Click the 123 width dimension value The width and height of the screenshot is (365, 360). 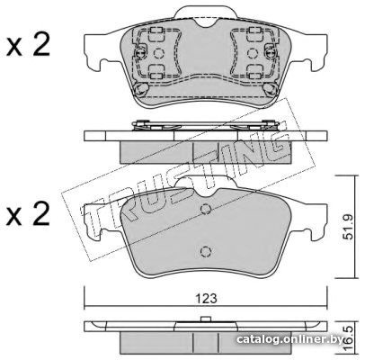tap(206, 299)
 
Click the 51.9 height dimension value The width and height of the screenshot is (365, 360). tap(348, 227)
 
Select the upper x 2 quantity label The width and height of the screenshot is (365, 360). tap(28, 46)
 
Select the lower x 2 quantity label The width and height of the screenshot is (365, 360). tap(28, 215)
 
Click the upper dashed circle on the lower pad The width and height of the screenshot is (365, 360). tap(206, 209)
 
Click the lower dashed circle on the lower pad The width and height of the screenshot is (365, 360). tap(206, 251)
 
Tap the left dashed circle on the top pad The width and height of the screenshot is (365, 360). tap(159, 53)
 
